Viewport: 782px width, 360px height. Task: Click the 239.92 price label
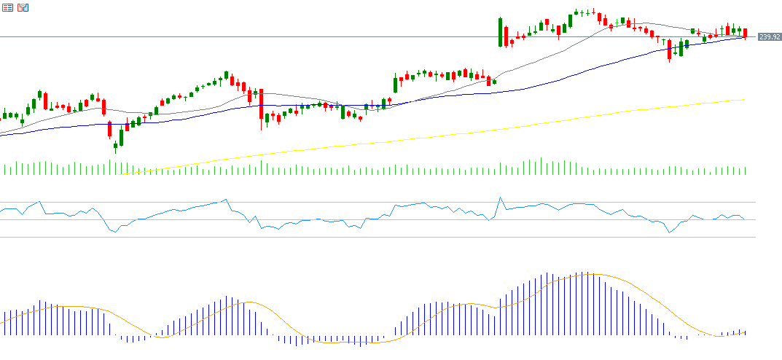click(x=770, y=36)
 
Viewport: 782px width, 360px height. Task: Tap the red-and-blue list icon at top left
click(x=7, y=7)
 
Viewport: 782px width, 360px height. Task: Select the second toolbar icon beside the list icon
click(x=23, y=7)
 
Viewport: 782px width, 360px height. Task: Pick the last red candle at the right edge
click(x=746, y=33)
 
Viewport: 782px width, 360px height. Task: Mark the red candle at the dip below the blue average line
click(x=669, y=50)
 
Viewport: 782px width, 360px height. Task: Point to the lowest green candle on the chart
click(x=115, y=145)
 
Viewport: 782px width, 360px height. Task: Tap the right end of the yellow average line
click(x=743, y=100)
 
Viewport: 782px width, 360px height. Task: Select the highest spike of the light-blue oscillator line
click(x=501, y=197)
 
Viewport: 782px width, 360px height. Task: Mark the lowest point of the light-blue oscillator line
click(x=668, y=232)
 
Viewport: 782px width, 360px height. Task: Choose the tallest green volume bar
click(x=541, y=166)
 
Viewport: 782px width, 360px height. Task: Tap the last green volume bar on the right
click(x=746, y=171)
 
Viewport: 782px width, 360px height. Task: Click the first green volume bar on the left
click(x=5, y=170)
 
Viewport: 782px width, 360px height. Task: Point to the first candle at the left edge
click(x=5, y=115)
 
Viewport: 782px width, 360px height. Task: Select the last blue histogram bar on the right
click(x=745, y=332)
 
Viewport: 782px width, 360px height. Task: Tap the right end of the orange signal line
click(x=746, y=333)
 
